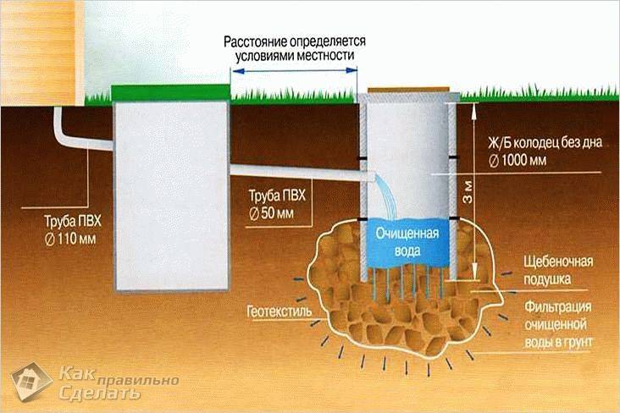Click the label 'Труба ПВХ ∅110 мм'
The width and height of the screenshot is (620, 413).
click(x=73, y=230)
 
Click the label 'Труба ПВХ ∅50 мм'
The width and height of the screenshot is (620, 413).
click(x=277, y=204)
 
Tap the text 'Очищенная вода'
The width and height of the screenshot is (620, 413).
click(x=407, y=242)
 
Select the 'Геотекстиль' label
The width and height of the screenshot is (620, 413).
click(x=280, y=311)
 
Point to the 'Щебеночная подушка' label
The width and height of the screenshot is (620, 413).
click(x=558, y=270)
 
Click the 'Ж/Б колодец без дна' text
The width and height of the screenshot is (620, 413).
click(x=545, y=143)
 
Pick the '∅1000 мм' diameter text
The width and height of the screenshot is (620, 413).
click(x=518, y=161)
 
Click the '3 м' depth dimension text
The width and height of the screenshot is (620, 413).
click(x=468, y=191)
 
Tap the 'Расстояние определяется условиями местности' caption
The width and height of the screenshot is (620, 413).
click(x=295, y=48)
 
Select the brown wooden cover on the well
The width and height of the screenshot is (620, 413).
click(x=409, y=90)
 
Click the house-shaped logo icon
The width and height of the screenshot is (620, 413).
click(x=31, y=382)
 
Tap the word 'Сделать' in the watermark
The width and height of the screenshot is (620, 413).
click(x=99, y=394)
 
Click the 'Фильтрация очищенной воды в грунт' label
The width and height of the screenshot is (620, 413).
click(x=558, y=324)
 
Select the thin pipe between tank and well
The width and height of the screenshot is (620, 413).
click(x=301, y=173)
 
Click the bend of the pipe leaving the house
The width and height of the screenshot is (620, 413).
click(x=60, y=138)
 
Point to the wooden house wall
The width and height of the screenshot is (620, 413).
click(x=42, y=52)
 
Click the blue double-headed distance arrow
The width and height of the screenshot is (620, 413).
click(x=294, y=70)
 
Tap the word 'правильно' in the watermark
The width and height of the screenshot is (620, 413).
click(x=137, y=381)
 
